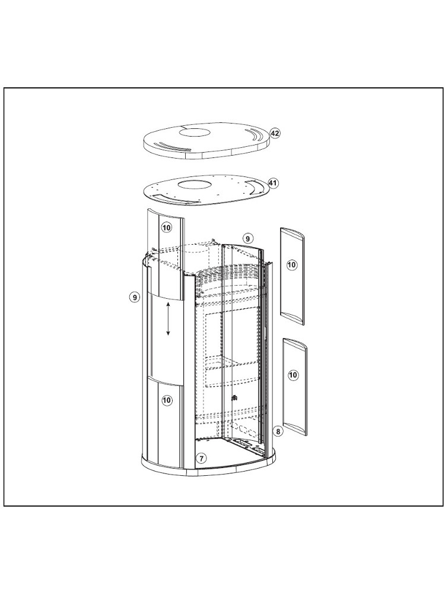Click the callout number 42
275,133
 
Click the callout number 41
273,183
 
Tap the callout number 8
278,431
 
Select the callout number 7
201,459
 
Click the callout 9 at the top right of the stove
247,239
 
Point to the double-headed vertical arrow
169,318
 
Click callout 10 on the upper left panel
167,228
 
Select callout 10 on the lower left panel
167,400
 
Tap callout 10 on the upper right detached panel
291,264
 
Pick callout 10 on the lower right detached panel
293,375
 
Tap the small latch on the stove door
234,398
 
